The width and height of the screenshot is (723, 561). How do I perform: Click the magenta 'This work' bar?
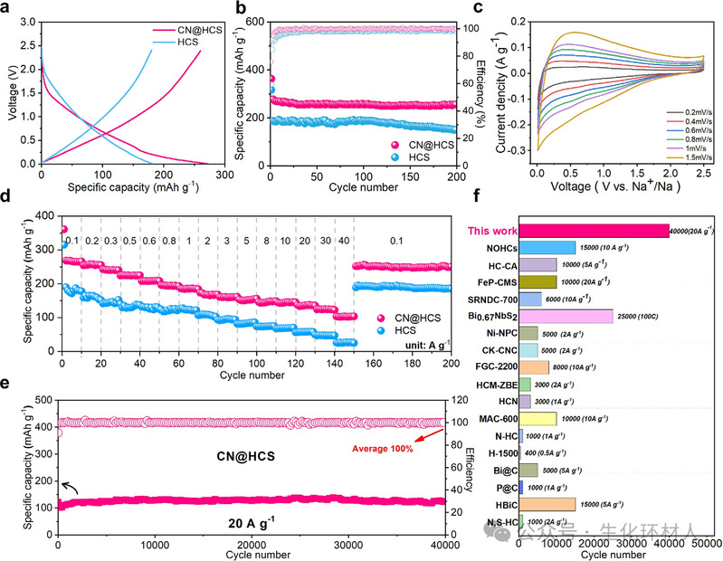pyautogui.click(x=594, y=231)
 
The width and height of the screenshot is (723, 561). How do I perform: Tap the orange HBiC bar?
pyautogui.click(x=547, y=504)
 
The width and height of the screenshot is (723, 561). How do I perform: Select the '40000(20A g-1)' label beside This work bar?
pyautogui.click(x=692, y=231)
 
